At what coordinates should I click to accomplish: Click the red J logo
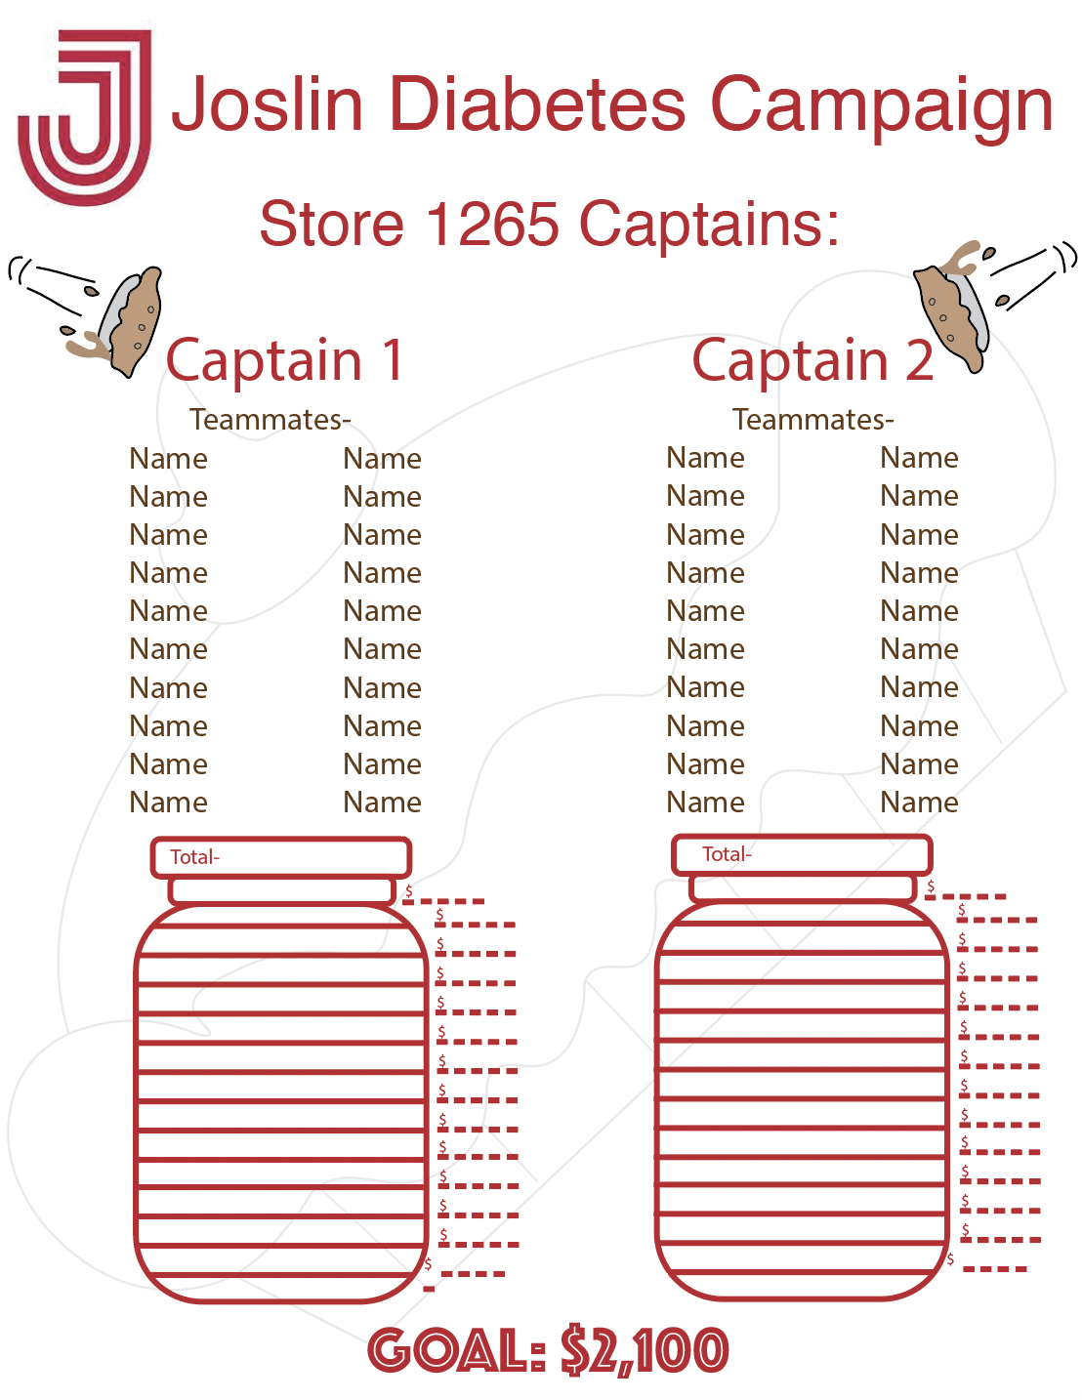(x=86, y=117)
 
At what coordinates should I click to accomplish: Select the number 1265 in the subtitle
(x=492, y=224)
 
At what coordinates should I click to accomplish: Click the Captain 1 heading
(x=284, y=360)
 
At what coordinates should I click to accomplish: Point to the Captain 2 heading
(x=812, y=360)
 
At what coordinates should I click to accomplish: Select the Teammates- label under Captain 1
(x=270, y=420)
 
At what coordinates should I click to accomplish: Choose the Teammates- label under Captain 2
(x=812, y=420)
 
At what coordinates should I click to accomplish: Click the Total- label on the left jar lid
(x=194, y=857)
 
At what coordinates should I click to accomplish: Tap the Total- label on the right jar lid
(x=727, y=854)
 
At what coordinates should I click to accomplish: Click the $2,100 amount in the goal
(x=645, y=1351)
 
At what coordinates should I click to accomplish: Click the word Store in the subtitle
(x=331, y=224)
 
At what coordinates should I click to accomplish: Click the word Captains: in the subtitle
(x=709, y=224)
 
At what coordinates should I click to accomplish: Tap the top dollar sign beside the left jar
(x=408, y=891)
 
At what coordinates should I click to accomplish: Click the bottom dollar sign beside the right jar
(x=950, y=1259)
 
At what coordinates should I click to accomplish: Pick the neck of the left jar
(x=281, y=890)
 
